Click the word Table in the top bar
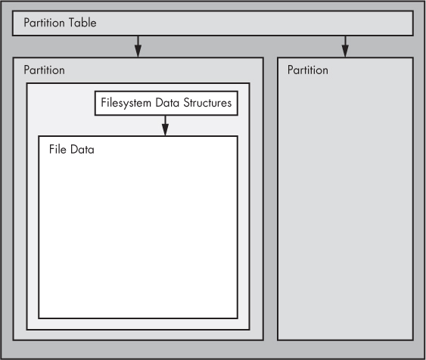(82, 23)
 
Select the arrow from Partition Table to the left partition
(138, 45)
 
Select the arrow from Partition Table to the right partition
(345, 45)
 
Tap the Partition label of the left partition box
(44, 70)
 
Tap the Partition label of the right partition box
(308, 70)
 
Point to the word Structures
(207, 104)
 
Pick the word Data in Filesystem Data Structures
(166, 104)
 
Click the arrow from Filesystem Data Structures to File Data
(165, 125)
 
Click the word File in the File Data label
(58, 150)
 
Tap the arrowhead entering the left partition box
(138, 52)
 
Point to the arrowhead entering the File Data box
(165, 132)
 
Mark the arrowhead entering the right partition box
(345, 52)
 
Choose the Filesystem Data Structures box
(166, 104)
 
